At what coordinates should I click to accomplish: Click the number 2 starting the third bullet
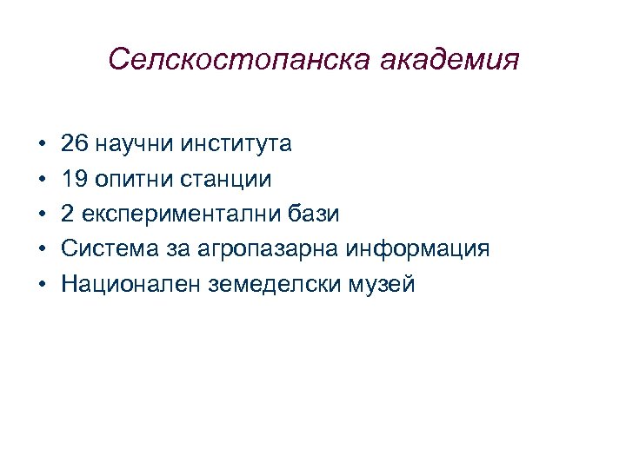67,214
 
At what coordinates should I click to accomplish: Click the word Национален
131,284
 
